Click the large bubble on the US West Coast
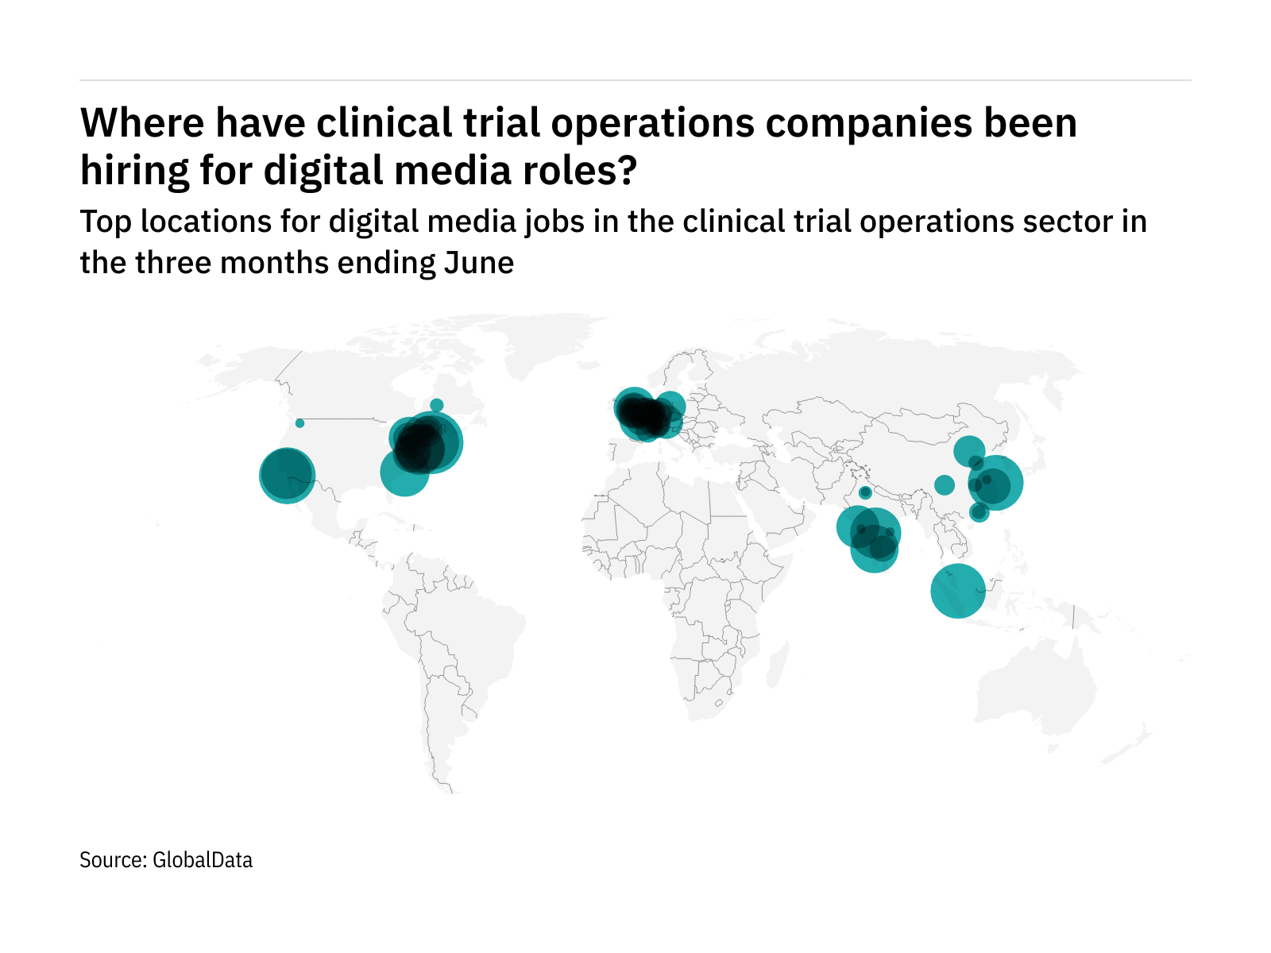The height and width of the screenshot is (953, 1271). pyautogui.click(x=288, y=476)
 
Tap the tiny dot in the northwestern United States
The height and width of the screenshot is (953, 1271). pyautogui.click(x=299, y=423)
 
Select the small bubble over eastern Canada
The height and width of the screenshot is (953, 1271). pyautogui.click(x=436, y=405)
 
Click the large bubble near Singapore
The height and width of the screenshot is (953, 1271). pyautogui.click(x=958, y=591)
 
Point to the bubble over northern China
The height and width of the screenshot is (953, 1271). pyautogui.click(x=968, y=450)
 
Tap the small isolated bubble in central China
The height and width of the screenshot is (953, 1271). pyautogui.click(x=945, y=484)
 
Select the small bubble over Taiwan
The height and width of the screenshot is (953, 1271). pyautogui.click(x=979, y=512)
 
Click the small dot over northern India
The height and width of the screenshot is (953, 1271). pyautogui.click(x=865, y=492)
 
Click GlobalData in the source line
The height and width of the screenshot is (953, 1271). pyautogui.click(x=203, y=860)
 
